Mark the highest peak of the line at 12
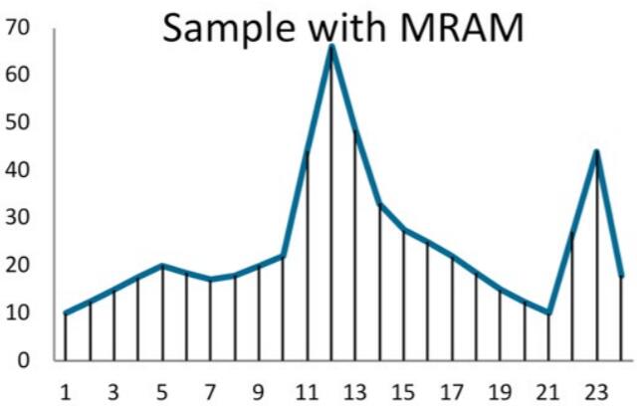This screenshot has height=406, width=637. pyautogui.click(x=331, y=46)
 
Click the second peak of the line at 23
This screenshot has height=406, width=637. pyautogui.click(x=596, y=151)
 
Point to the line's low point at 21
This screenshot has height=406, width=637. pyautogui.click(x=548, y=312)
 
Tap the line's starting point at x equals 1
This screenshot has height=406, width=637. pyautogui.click(x=66, y=312)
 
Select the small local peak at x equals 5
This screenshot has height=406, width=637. pyautogui.click(x=162, y=266)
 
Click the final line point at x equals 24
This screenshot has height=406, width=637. pyautogui.click(x=620, y=276)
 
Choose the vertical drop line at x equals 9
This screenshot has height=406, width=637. pyautogui.click(x=259, y=312)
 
